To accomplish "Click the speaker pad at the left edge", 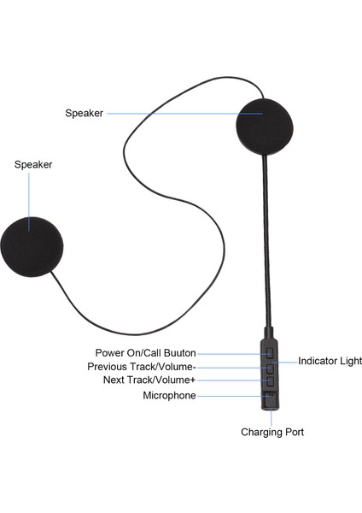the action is click(x=32, y=247).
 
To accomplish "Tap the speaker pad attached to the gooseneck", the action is click(x=265, y=127).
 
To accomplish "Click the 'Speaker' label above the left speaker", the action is click(x=33, y=164).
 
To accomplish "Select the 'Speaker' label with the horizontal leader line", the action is click(x=85, y=113).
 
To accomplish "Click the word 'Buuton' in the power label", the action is click(x=179, y=353).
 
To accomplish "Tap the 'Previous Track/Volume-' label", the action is click(x=142, y=367).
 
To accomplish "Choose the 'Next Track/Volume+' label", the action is click(x=149, y=380).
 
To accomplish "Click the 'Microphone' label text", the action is click(x=169, y=396).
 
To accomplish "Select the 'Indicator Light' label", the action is click(x=330, y=361).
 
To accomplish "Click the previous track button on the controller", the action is click(x=270, y=369).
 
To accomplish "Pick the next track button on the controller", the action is click(x=270, y=381).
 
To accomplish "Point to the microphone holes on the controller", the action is click(x=271, y=395).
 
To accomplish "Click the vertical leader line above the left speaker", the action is click(x=29, y=202).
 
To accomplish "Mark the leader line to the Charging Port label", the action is click(x=271, y=417).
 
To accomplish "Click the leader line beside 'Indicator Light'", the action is click(x=284, y=362).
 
